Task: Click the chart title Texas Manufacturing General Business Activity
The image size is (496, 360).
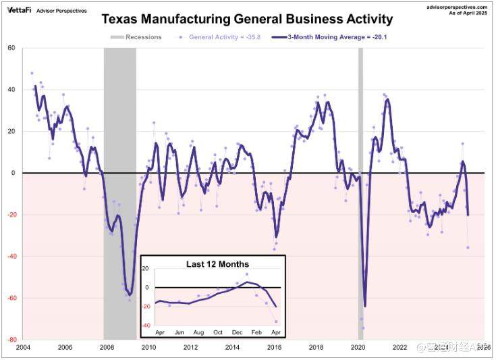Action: (x=248, y=20)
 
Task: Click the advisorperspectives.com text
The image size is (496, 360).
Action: (x=457, y=6)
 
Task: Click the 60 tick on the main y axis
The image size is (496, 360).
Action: (x=11, y=48)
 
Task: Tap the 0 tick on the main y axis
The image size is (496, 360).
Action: (x=13, y=173)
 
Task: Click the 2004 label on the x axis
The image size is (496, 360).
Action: (x=24, y=348)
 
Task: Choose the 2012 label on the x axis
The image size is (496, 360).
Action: (x=190, y=348)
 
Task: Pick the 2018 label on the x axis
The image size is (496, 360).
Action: (x=316, y=348)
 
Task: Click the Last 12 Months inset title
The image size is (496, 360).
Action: (x=217, y=264)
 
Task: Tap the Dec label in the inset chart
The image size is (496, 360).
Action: (x=238, y=333)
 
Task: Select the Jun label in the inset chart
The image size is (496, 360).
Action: (x=179, y=333)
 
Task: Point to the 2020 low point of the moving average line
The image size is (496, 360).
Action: (x=365, y=306)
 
